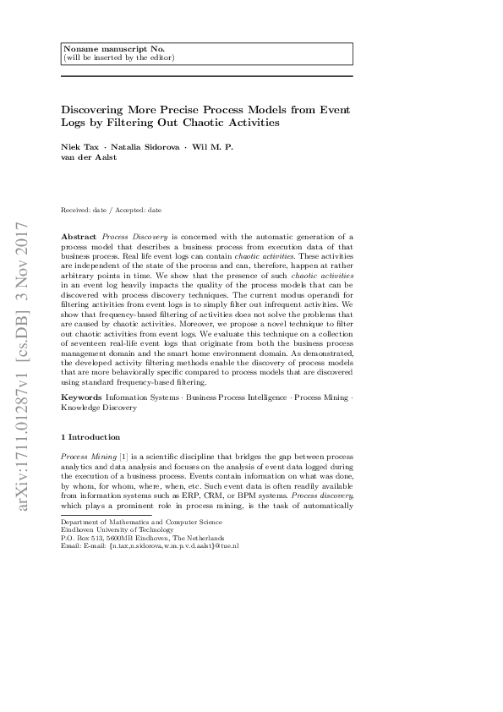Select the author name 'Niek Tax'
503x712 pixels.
(79, 147)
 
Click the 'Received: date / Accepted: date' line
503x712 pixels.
(112, 210)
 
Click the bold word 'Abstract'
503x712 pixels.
(80, 237)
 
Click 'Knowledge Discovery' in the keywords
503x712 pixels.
(98, 407)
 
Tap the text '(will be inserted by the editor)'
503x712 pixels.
(119, 58)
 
